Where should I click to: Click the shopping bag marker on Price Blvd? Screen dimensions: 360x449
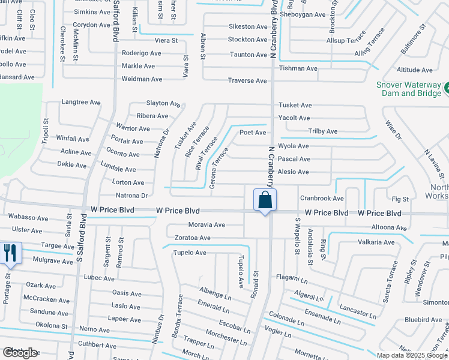click(x=265, y=200)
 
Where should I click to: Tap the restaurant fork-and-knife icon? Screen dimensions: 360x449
click(x=10, y=253)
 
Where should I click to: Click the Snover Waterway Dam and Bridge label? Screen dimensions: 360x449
click(x=408, y=89)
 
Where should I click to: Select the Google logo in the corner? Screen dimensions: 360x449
click(x=20, y=353)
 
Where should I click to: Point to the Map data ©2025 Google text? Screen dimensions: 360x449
click(x=412, y=355)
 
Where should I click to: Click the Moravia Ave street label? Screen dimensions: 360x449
click(x=206, y=225)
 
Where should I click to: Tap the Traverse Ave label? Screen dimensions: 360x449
click(x=248, y=81)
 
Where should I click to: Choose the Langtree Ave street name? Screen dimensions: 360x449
click(x=81, y=103)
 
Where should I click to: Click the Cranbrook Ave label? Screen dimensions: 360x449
click(x=322, y=198)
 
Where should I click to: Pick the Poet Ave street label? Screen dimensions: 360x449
click(x=253, y=133)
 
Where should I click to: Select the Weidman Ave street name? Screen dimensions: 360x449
click(x=142, y=79)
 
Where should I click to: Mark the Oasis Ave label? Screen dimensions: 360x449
click(x=127, y=293)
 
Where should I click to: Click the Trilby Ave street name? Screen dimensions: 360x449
click(x=323, y=131)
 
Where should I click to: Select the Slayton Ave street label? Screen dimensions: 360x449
click(x=163, y=103)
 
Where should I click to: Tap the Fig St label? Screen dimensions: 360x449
click(x=400, y=199)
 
